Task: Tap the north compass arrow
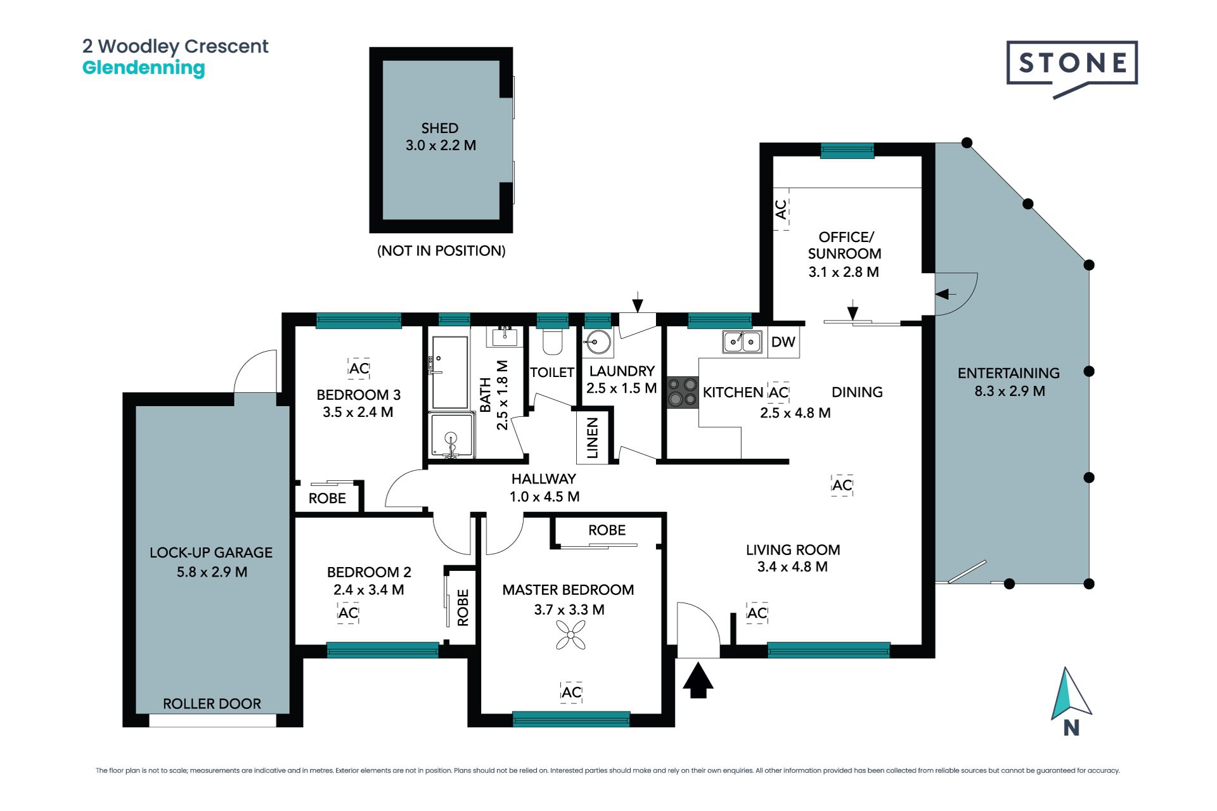click(x=1071, y=694)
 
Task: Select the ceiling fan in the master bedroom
click(x=570, y=635)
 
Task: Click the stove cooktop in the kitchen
click(x=683, y=392)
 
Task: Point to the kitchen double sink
click(x=742, y=342)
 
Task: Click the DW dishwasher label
click(x=783, y=342)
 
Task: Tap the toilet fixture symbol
click(x=553, y=342)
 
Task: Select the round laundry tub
click(x=597, y=343)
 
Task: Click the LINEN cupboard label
click(x=593, y=438)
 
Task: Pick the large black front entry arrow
click(x=698, y=680)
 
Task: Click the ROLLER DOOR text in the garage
click(x=212, y=704)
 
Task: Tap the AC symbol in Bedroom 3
click(x=359, y=368)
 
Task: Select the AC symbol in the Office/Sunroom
click(x=781, y=209)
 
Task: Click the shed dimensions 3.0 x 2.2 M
click(x=441, y=145)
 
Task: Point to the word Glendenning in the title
click(x=144, y=68)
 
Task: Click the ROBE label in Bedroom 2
click(x=463, y=608)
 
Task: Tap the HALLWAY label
click(x=544, y=479)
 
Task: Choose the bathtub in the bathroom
click(x=449, y=372)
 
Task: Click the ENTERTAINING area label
click(x=1008, y=373)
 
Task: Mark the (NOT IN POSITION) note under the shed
click(x=441, y=251)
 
